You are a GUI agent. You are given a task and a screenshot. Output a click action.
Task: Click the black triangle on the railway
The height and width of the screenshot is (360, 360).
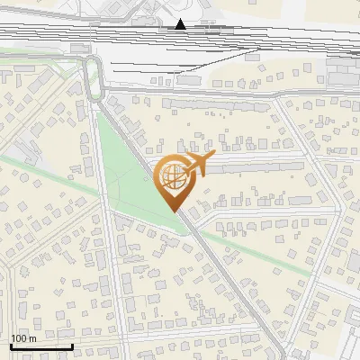(181, 23)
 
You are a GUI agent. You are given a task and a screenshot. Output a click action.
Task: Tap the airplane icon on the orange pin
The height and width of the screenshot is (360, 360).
(197, 166)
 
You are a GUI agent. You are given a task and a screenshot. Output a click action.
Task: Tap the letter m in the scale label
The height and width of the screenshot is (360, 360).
(32, 338)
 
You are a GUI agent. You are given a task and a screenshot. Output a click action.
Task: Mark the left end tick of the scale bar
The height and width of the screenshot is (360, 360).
(10, 345)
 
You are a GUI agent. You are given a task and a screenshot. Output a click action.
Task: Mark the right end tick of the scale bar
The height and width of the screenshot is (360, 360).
(72, 345)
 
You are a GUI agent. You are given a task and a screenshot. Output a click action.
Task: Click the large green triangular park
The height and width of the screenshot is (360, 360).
(135, 171)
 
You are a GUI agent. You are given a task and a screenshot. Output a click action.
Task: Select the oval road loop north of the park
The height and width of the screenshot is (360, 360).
(93, 76)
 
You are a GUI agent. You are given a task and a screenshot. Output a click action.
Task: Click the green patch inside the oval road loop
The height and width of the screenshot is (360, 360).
(93, 77)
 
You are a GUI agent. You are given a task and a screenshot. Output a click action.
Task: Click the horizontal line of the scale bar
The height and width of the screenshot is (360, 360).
(40, 346)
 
